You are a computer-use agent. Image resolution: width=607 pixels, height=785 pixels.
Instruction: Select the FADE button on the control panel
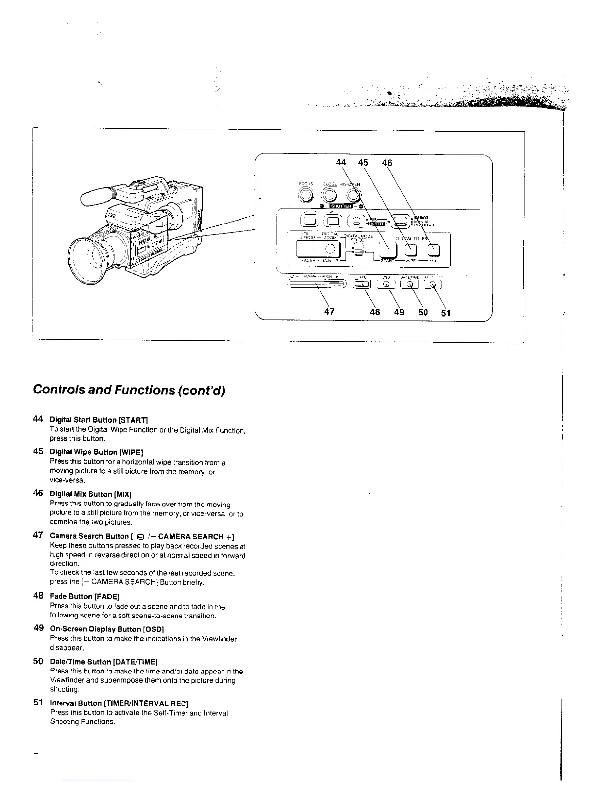coord(362,284)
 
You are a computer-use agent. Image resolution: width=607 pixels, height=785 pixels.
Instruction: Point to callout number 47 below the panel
coord(329,312)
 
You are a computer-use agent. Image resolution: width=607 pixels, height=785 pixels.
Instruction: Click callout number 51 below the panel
coord(446,312)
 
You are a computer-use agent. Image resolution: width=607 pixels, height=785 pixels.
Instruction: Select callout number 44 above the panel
coord(341,163)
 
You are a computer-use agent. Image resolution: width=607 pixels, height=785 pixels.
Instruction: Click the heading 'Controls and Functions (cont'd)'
coord(129,390)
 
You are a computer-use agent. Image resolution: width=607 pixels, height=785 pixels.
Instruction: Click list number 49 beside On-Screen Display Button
coord(38,628)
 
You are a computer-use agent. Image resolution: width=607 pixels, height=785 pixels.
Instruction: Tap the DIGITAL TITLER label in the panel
coord(411,238)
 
